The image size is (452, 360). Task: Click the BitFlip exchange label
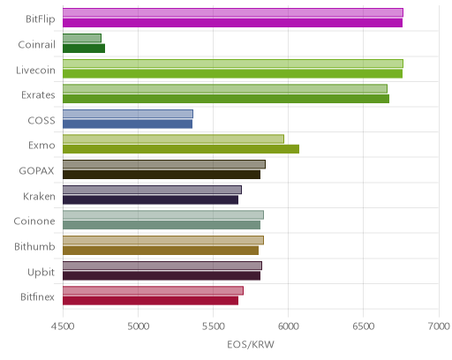pos(41,19)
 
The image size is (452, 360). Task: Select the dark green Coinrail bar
pos(84,49)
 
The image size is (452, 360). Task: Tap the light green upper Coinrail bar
pos(82,38)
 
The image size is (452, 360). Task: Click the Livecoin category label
pos(35,70)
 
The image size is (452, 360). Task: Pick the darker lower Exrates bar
pos(226,99)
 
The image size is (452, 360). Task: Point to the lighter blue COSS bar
pos(128,114)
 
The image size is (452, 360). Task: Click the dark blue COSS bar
pos(127,124)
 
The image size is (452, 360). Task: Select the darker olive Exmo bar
pos(181,149)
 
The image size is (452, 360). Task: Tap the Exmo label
pos(41,146)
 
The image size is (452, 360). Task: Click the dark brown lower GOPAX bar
pos(162,175)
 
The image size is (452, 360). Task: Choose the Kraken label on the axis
pos(39,196)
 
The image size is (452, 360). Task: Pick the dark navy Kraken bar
pos(150,200)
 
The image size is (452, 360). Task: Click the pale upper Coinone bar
pos(163,215)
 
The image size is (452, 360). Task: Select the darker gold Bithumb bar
pos(161,251)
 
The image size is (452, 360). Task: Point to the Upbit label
pos(41,272)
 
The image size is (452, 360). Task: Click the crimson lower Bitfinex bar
pos(150,301)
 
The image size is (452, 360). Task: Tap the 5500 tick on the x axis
pos(214,326)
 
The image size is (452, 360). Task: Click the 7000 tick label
pos(439,326)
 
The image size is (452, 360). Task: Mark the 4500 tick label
pos(63,326)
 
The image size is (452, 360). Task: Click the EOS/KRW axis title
pos(251,344)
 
